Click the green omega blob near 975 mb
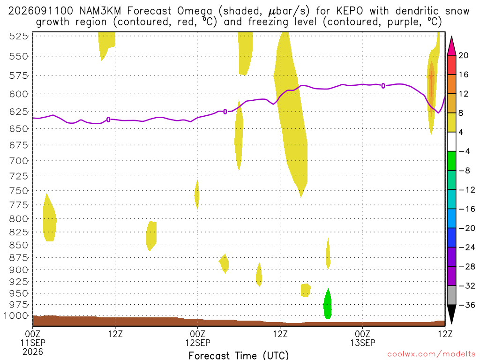328,305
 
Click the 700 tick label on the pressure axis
19,161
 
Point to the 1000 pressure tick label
16,315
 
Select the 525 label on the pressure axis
19,36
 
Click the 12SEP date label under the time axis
198,343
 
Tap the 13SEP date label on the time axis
363,343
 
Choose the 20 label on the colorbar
464,55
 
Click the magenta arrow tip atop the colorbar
451,37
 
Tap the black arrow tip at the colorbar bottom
451,323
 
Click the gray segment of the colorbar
451,295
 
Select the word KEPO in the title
349,11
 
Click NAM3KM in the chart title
100,11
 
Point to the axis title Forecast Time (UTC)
239,355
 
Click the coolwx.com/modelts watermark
431,354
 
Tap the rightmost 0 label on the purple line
383,86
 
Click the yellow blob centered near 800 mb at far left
50,217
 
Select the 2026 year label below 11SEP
33,352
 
